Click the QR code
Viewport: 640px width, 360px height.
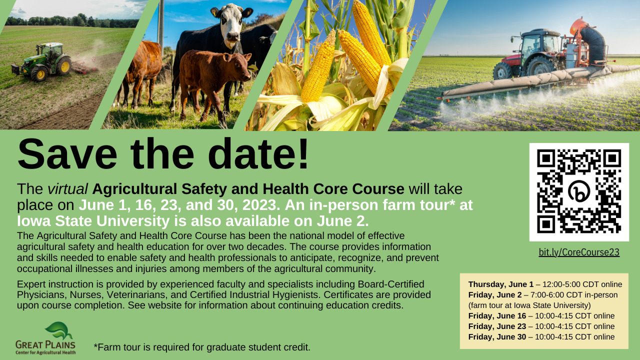(x=579, y=192)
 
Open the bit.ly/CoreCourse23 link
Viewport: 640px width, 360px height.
(x=579, y=252)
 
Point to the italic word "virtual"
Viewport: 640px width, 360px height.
(x=67, y=189)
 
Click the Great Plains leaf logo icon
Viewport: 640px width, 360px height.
(x=59, y=331)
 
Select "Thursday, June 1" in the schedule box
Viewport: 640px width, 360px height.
(x=501, y=284)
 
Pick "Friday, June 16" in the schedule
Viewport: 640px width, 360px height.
(x=497, y=315)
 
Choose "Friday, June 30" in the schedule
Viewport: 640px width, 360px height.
(x=497, y=337)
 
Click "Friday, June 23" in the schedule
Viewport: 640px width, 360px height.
(x=497, y=326)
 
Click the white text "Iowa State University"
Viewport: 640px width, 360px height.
(x=93, y=221)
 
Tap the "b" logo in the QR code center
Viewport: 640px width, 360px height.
(x=579, y=191)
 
